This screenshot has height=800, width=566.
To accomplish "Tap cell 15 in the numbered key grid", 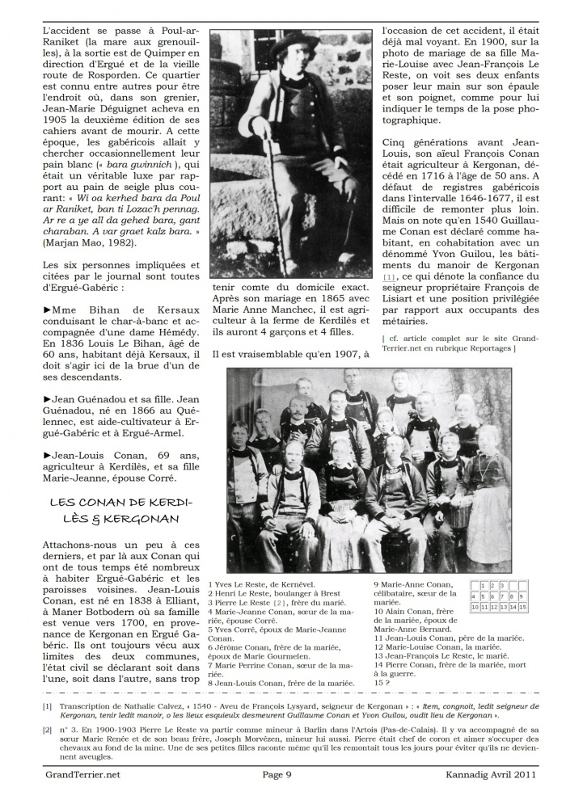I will [523, 606].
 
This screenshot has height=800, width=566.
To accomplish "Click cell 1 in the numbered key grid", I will [484, 585].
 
